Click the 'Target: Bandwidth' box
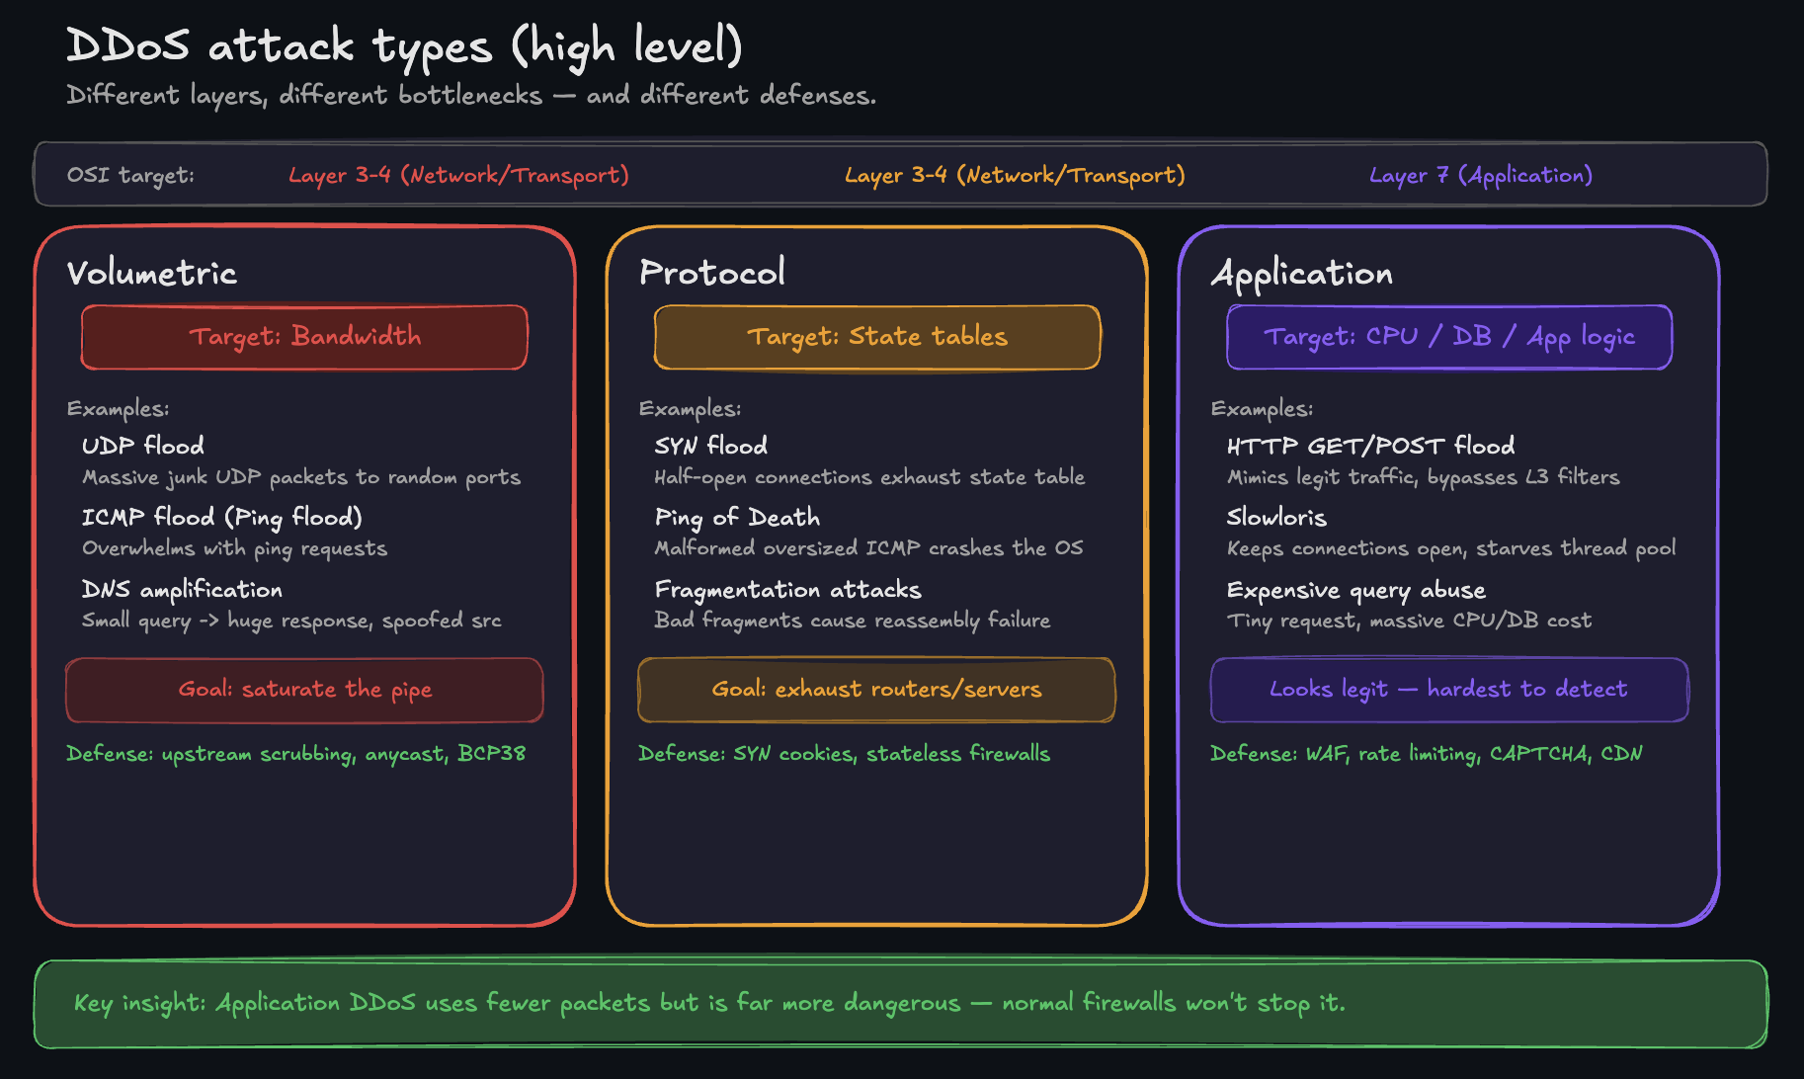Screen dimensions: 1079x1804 click(304, 337)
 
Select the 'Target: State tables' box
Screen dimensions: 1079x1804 click(876, 337)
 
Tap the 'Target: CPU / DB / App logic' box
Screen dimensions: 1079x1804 click(1448, 337)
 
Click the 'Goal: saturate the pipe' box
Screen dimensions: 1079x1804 click(304, 690)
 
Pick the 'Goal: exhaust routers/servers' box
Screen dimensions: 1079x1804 click(876, 690)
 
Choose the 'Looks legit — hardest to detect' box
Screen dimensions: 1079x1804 click(1448, 690)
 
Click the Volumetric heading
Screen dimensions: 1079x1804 click(152, 274)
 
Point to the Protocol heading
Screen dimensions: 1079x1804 click(712, 273)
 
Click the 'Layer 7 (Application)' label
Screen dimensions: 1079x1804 click(1480, 176)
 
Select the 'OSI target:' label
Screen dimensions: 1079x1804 click(130, 176)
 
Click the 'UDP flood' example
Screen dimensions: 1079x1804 click(143, 446)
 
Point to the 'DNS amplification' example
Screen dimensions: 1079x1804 click(182, 590)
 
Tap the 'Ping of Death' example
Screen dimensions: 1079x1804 click(737, 518)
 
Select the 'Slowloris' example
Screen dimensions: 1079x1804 click(1276, 518)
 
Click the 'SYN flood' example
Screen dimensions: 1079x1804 click(710, 446)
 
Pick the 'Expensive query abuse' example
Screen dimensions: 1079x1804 click(1355, 590)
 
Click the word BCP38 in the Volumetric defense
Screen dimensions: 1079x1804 click(491, 753)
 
